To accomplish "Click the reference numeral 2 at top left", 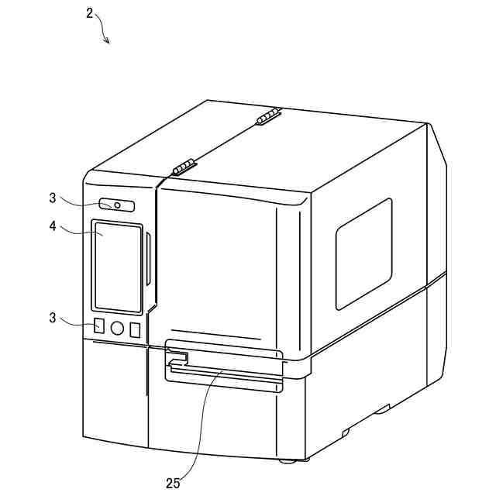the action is pyautogui.click(x=89, y=13).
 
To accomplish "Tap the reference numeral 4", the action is pyautogui.click(x=53, y=229).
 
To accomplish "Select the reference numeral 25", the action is pyautogui.click(x=173, y=483).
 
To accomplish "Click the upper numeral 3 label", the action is pyautogui.click(x=53, y=198).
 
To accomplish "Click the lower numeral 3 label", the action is pyautogui.click(x=53, y=318).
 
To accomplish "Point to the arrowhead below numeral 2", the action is pyautogui.click(x=107, y=41).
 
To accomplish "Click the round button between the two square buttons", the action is pyautogui.click(x=117, y=328).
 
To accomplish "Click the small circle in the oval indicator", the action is pyautogui.click(x=116, y=205).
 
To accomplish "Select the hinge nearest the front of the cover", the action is pyautogui.click(x=182, y=167).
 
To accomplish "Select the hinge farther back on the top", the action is pyautogui.click(x=267, y=118).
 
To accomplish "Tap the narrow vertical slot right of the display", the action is pyautogui.click(x=146, y=264).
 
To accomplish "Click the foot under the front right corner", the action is pyautogui.click(x=287, y=462).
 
